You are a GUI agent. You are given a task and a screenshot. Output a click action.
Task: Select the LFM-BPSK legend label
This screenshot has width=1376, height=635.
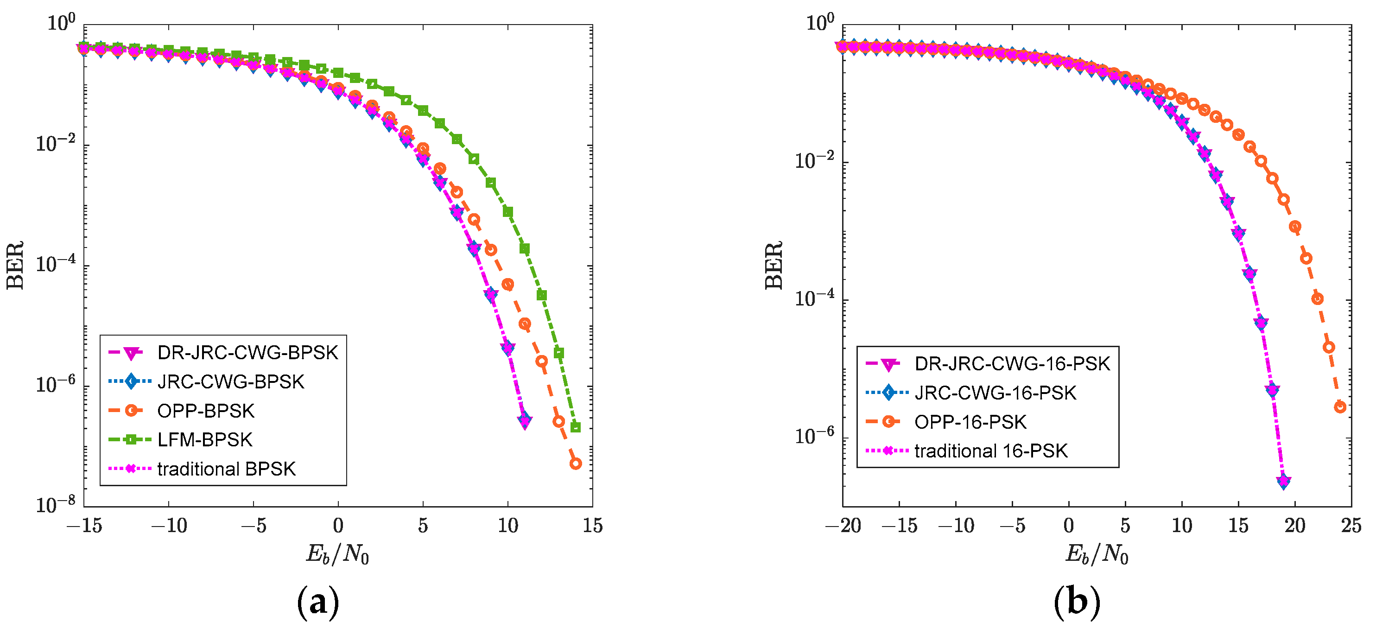click(204, 439)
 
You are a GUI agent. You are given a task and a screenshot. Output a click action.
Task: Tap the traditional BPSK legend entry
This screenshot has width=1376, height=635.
click(226, 469)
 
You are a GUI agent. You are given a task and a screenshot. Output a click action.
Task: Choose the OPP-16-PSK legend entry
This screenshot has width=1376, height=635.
click(970, 422)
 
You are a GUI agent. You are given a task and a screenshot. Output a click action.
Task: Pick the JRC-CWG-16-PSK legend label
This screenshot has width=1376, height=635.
click(995, 393)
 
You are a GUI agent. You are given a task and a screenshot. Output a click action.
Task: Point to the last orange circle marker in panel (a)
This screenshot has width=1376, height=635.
click(575, 464)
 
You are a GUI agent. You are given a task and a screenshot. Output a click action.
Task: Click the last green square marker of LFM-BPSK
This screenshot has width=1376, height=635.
click(575, 427)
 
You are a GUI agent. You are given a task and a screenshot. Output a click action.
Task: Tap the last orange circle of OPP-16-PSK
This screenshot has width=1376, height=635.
click(1340, 407)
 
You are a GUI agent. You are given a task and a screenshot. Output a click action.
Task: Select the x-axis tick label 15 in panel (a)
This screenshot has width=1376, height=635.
click(592, 526)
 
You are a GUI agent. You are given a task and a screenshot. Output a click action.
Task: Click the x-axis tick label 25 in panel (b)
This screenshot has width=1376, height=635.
click(1351, 526)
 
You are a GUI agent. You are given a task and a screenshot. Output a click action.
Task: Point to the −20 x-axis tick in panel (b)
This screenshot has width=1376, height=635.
click(843, 526)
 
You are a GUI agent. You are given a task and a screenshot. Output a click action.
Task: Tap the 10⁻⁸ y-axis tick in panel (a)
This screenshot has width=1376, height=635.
click(56, 504)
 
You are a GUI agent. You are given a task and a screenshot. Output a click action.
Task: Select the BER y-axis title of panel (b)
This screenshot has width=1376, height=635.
click(774, 266)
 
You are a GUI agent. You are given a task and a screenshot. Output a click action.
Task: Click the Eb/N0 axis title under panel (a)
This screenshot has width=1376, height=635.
click(337, 554)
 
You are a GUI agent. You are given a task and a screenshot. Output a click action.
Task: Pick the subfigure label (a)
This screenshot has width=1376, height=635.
click(318, 602)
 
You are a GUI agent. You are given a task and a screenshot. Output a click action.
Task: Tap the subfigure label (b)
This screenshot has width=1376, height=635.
click(1077, 602)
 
